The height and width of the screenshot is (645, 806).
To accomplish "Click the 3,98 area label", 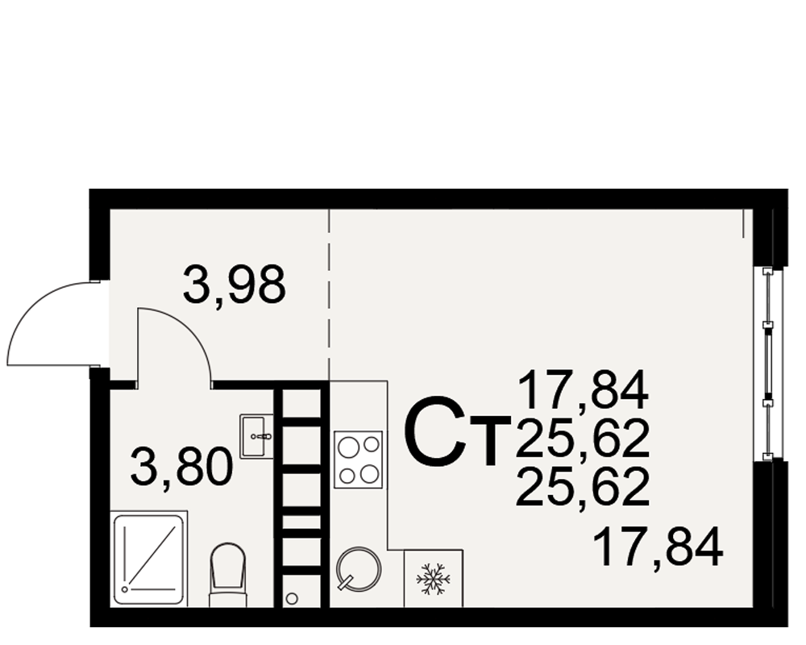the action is (x=234, y=285).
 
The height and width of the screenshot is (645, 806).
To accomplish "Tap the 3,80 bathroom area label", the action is (x=181, y=468).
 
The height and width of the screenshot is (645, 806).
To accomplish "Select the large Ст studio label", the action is (x=458, y=431).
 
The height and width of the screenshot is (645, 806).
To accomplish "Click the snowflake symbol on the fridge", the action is (x=433, y=579).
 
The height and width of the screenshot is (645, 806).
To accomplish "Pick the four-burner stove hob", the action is (x=359, y=460).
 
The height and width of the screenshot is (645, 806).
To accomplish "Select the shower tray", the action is (x=148, y=559).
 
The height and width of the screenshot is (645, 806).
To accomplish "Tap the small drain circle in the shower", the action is (x=124, y=589).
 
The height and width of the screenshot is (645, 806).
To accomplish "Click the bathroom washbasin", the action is (x=256, y=436).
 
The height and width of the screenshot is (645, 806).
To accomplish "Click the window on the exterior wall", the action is (x=767, y=364).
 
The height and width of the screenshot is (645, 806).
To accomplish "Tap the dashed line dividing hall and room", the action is (x=329, y=295).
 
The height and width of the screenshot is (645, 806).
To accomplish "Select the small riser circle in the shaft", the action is (x=292, y=598).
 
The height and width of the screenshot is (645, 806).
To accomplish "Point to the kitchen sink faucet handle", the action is (x=347, y=582).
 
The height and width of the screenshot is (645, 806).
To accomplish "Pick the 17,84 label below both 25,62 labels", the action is (x=658, y=548).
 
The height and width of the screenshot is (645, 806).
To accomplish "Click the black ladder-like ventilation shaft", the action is (x=301, y=493).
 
